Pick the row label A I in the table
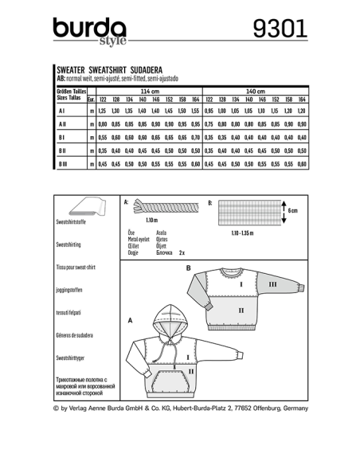[61, 111]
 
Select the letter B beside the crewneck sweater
[188, 269]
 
